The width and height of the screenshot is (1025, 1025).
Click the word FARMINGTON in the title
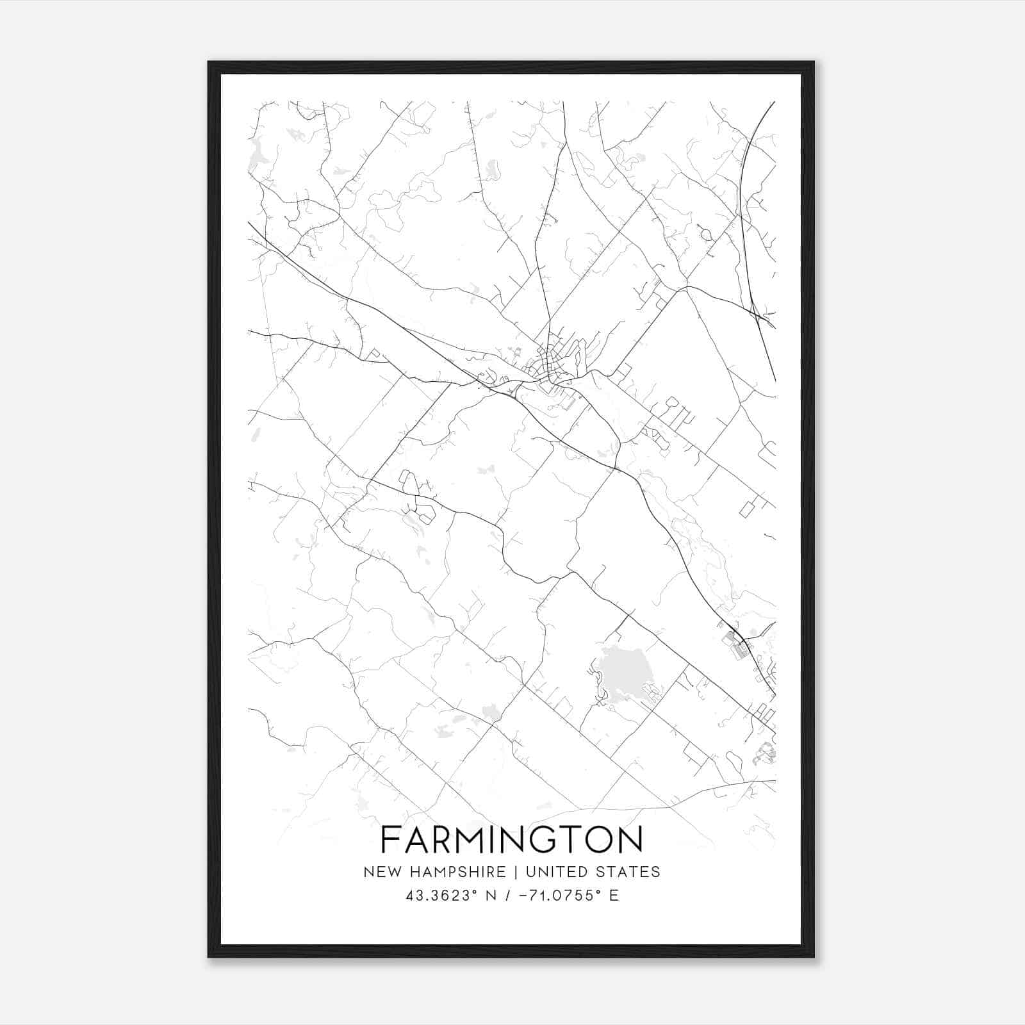point(512,839)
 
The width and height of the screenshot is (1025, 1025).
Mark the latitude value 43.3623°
point(442,896)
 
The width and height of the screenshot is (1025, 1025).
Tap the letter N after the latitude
point(492,896)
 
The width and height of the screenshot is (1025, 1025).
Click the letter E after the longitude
point(614,896)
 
